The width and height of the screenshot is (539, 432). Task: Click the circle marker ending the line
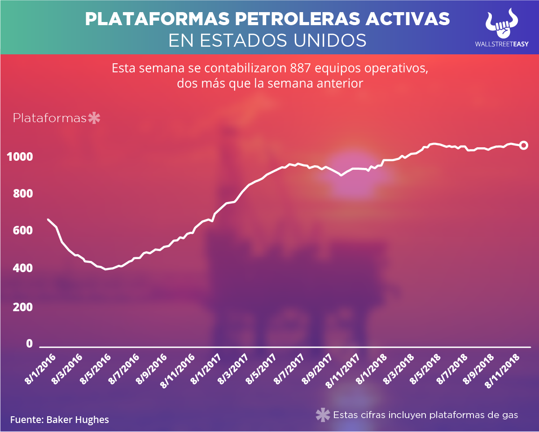coord(523,145)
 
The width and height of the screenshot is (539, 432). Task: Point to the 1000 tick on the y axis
coord(20,157)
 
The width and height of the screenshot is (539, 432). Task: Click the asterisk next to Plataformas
coord(94,119)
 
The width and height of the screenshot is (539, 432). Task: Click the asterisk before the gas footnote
coord(323,415)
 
